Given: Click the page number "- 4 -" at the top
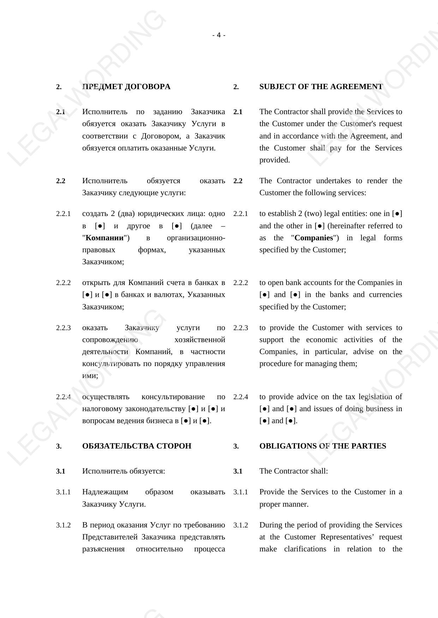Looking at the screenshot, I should [x=219, y=35].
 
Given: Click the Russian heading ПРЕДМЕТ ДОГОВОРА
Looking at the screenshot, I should [x=126, y=87].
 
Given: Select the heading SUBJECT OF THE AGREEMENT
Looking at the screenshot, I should [x=321, y=87].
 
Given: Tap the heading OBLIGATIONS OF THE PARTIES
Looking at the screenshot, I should [x=323, y=446].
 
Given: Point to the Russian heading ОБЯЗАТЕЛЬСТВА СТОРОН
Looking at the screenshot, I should [x=137, y=446].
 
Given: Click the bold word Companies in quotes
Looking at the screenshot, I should [x=314, y=238].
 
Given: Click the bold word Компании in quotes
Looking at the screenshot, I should [x=105, y=238].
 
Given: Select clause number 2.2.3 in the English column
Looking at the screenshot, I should [x=240, y=328].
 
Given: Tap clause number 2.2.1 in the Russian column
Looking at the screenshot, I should [x=63, y=214].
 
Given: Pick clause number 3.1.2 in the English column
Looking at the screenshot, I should [x=240, y=525].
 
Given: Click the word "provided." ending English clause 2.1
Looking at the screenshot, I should [x=275, y=160].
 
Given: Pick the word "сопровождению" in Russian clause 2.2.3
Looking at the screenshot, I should [x=110, y=340].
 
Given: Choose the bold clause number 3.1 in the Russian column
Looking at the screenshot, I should [x=61, y=471].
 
